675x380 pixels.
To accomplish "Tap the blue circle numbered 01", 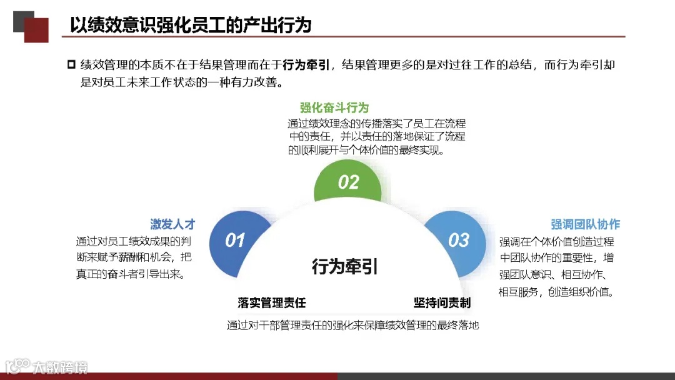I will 234,239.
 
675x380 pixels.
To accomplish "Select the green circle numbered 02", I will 348,182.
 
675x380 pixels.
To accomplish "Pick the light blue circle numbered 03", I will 458,239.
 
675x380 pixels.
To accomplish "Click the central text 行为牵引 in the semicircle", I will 345,267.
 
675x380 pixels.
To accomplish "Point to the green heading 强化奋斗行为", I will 334,107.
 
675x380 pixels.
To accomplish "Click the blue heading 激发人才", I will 172,224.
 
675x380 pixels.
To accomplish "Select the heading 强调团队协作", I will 585,224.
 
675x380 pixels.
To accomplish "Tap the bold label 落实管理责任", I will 272,303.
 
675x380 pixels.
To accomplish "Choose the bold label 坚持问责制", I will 442,303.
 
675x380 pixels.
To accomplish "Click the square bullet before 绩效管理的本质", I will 71,64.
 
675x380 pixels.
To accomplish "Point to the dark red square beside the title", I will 36,30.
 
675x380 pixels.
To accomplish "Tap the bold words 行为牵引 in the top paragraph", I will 306,64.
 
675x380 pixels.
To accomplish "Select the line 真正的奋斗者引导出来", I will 131,274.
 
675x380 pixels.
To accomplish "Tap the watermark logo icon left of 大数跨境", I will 17,366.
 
